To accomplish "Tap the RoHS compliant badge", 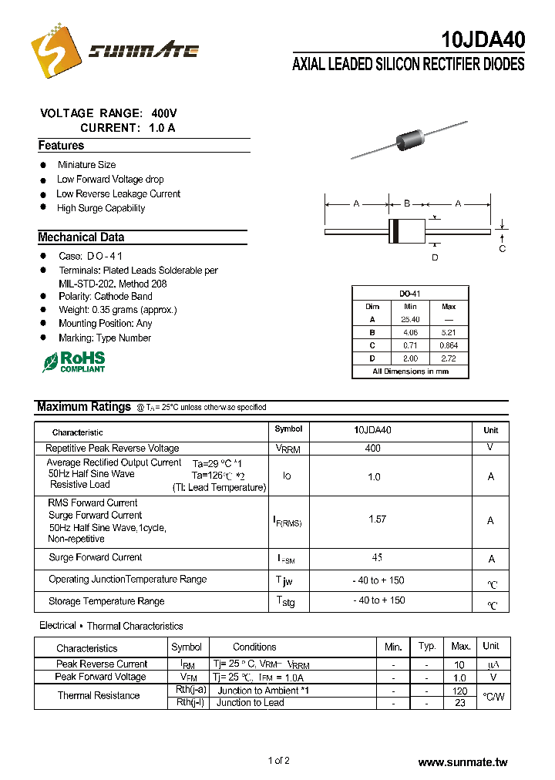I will tap(74, 361).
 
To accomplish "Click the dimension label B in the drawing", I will tap(406, 203).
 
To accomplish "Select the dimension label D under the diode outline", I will tap(435, 257).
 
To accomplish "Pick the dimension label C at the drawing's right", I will tap(503, 249).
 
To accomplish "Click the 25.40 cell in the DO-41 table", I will tap(410, 319).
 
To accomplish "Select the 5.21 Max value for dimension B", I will tap(449, 332).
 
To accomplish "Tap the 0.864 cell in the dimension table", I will tap(449, 345).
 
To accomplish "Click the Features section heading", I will tap(61, 146).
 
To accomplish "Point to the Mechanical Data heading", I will tap(81, 237).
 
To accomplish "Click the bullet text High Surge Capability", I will tap(101, 208).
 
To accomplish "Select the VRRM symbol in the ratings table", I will tap(288, 449).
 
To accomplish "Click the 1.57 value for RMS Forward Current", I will tap(377, 519).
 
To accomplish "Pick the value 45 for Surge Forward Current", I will tap(377, 557).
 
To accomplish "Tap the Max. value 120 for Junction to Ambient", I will tap(460, 691).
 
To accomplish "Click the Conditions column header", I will tap(254, 647).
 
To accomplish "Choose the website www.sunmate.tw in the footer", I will tap(462, 762).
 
